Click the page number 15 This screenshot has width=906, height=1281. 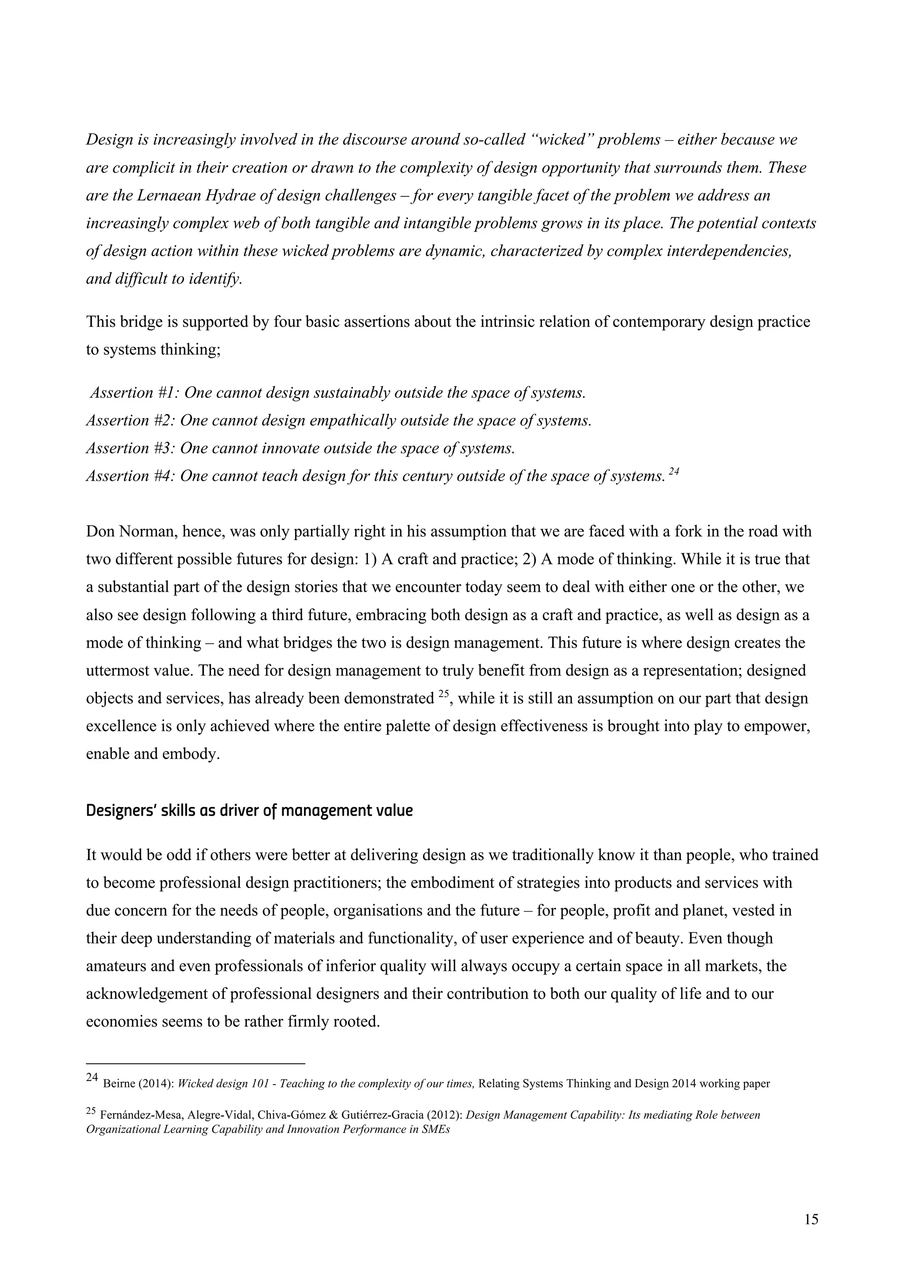click(812, 1220)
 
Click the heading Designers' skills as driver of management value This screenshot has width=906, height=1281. click(250, 811)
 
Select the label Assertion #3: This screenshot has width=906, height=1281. click(131, 448)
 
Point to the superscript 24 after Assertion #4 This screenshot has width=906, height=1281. click(673, 472)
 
